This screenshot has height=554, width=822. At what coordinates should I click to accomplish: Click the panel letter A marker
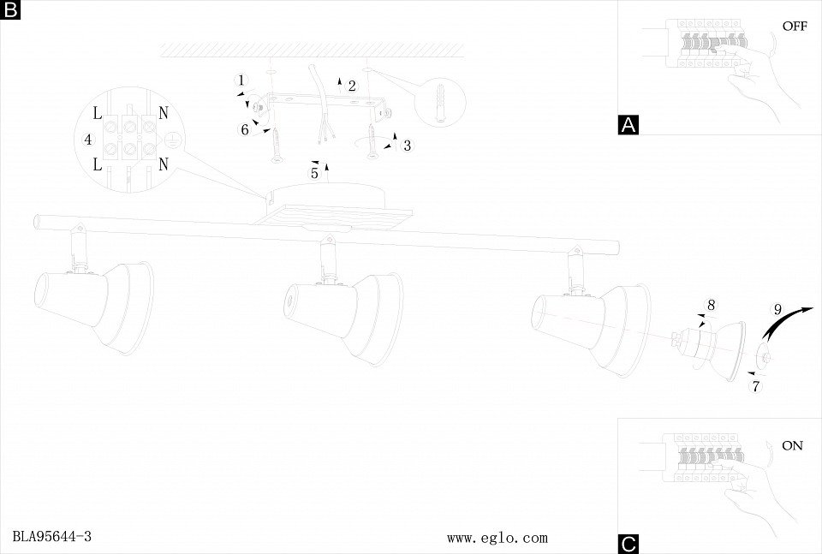pyautogui.click(x=628, y=125)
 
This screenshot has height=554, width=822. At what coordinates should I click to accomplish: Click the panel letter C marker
pyautogui.click(x=628, y=544)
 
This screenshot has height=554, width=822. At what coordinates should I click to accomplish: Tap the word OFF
pyautogui.click(x=794, y=27)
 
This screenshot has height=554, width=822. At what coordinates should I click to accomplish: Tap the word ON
pyautogui.click(x=792, y=446)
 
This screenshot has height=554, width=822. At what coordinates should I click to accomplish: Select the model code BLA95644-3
pyautogui.click(x=52, y=537)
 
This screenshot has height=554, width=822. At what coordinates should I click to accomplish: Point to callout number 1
pyautogui.click(x=241, y=80)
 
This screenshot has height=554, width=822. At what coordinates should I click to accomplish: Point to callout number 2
pyautogui.click(x=351, y=86)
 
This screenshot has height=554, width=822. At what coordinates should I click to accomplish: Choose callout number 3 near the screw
pyautogui.click(x=407, y=146)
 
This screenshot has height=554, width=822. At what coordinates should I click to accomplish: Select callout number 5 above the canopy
pyautogui.click(x=314, y=174)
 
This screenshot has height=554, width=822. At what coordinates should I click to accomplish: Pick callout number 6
pyautogui.click(x=244, y=130)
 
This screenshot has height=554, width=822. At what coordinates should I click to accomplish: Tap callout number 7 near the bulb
pyautogui.click(x=756, y=385)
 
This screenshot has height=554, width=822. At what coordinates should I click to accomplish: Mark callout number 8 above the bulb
pyautogui.click(x=711, y=305)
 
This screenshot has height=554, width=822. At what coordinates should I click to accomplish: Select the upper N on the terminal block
pyautogui.click(x=163, y=112)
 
